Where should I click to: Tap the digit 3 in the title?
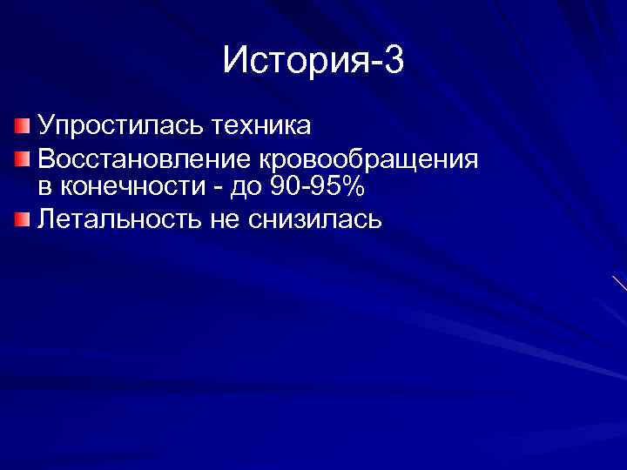coord(393,61)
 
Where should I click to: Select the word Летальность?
coord(118,218)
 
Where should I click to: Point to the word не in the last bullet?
coord(224,218)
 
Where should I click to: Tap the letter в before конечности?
coord(44,188)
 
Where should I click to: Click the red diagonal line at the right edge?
coord(619,283)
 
